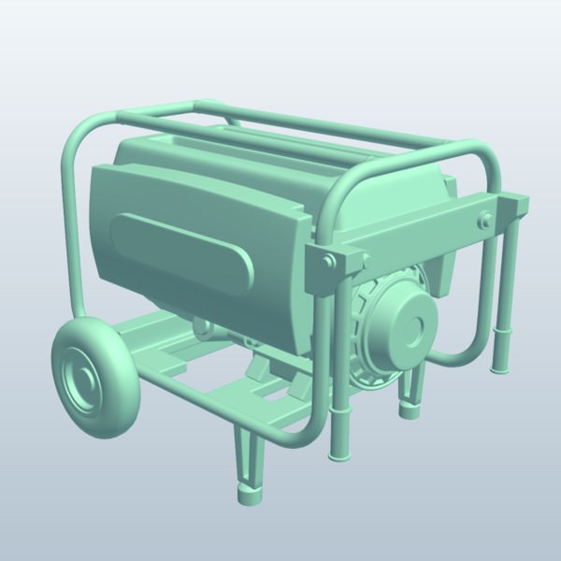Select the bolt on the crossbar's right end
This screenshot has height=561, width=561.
[x=484, y=222]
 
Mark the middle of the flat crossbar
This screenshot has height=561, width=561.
[x=421, y=234]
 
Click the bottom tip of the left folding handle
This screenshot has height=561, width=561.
[x=338, y=453]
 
